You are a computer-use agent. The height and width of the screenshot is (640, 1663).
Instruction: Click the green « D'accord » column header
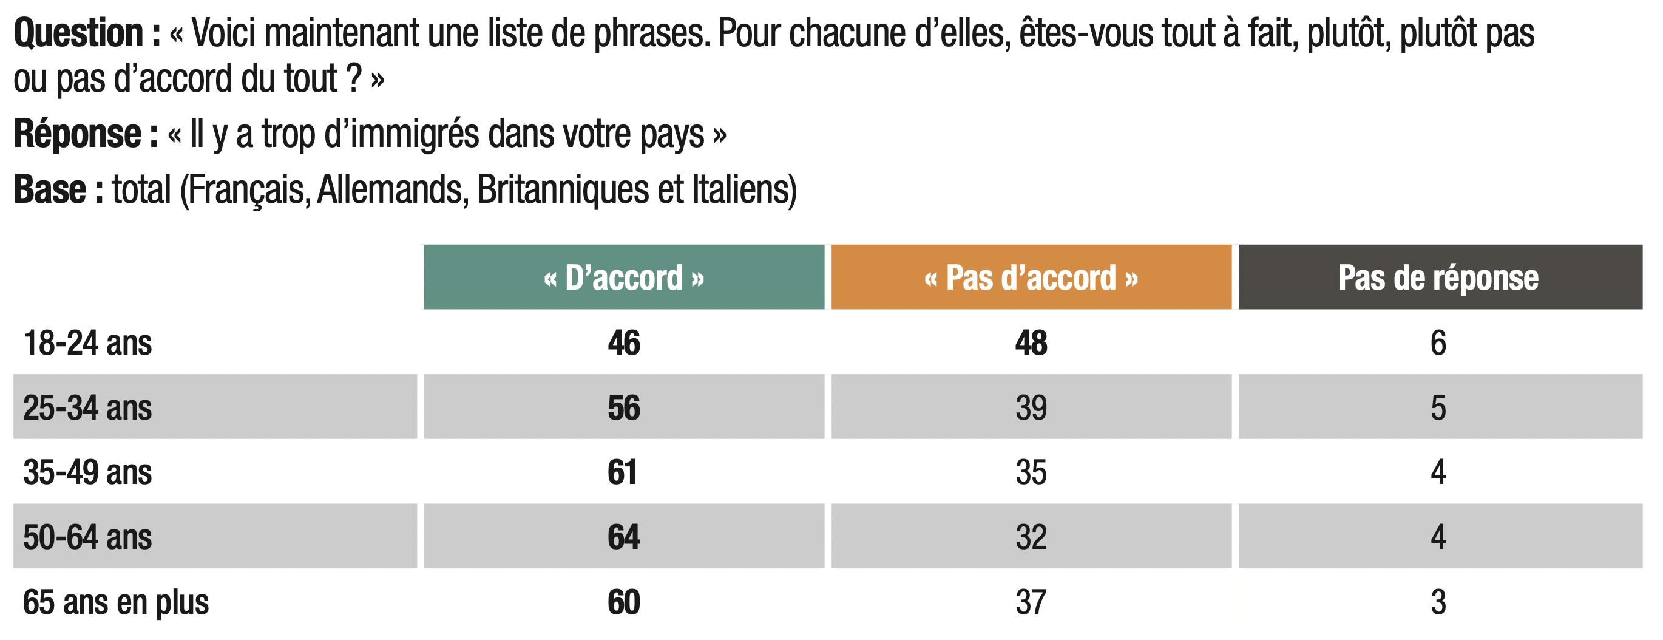pyautogui.click(x=624, y=277)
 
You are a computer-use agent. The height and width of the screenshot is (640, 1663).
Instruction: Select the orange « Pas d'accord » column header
pyautogui.click(x=1031, y=277)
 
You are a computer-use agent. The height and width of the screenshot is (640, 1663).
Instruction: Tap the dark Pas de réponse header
pyautogui.click(x=1440, y=277)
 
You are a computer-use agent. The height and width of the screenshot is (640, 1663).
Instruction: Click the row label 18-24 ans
pyautogui.click(x=87, y=343)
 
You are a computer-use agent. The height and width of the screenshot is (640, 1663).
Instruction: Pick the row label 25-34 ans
pyautogui.click(x=87, y=408)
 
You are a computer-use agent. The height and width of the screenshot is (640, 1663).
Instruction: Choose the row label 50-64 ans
pyautogui.click(x=87, y=537)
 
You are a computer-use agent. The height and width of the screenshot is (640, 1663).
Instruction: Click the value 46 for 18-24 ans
pyautogui.click(x=624, y=343)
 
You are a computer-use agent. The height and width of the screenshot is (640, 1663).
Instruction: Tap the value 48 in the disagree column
pyautogui.click(x=1031, y=343)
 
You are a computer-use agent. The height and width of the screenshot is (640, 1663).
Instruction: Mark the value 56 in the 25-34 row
pyautogui.click(x=624, y=408)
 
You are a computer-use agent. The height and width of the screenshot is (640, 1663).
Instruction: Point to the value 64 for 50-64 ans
pyautogui.click(x=624, y=537)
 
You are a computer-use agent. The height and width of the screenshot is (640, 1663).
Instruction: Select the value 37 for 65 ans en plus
pyautogui.click(x=1031, y=602)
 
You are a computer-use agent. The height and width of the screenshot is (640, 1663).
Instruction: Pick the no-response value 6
pyautogui.click(x=1438, y=343)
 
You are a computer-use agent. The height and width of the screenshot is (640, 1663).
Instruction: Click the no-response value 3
pyautogui.click(x=1438, y=602)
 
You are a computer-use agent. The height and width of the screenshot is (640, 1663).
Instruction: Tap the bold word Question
pyautogui.click(x=78, y=33)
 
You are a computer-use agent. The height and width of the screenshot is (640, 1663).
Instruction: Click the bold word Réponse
pyautogui.click(x=77, y=134)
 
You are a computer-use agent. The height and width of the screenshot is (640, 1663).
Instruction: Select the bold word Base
pyautogui.click(x=50, y=190)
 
